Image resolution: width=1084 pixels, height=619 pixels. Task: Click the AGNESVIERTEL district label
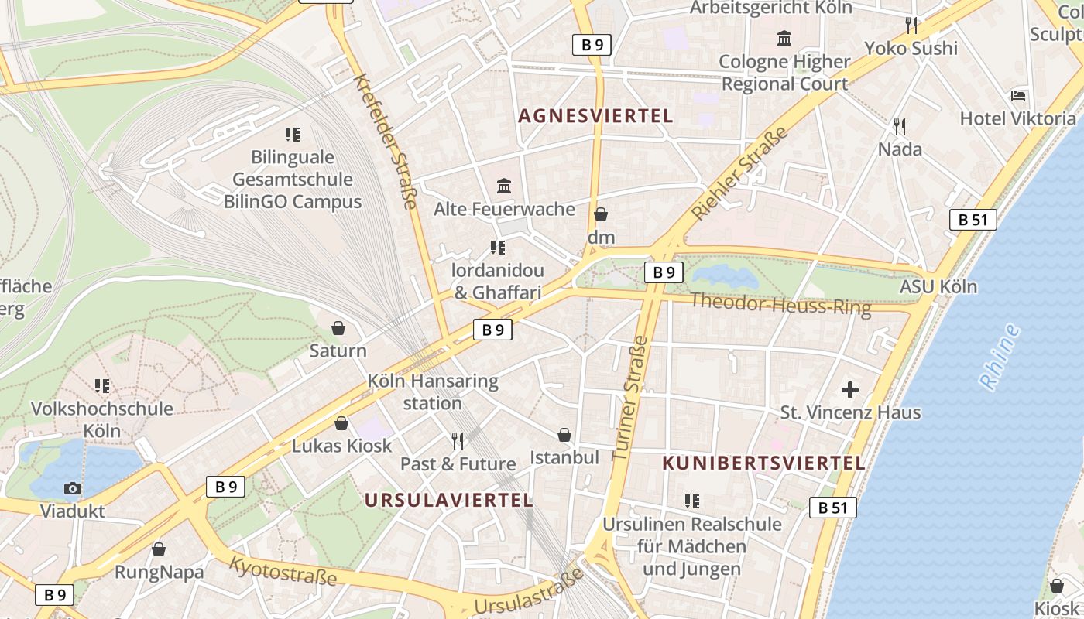pyautogui.click(x=595, y=116)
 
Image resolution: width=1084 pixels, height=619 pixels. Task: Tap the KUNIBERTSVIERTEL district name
pyautogui.click(x=763, y=463)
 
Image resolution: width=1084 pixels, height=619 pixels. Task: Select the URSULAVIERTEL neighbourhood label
pyautogui.click(x=448, y=500)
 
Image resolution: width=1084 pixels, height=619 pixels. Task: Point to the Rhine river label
pyautogui.click(x=1000, y=357)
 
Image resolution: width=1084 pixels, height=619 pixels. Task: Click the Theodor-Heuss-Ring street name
pyautogui.click(x=780, y=303)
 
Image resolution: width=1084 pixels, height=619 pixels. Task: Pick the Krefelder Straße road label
pyautogui.click(x=385, y=142)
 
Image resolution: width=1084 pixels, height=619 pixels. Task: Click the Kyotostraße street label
pyautogui.click(x=283, y=570)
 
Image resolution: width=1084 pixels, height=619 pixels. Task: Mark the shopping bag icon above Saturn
pyautogui.click(x=338, y=328)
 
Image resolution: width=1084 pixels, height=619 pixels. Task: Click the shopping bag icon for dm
pyautogui.click(x=601, y=214)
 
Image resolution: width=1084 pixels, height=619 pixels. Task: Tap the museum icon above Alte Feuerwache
pyautogui.click(x=504, y=186)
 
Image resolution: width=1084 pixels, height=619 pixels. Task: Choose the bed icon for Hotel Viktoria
pyautogui.click(x=1018, y=96)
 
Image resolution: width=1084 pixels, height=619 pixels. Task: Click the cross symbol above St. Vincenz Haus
pyautogui.click(x=850, y=389)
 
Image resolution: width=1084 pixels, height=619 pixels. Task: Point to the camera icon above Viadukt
pyautogui.click(x=72, y=488)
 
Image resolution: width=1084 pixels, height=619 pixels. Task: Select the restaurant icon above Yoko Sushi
pyautogui.click(x=911, y=26)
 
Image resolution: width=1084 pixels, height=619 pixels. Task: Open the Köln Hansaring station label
pyautogui.click(x=433, y=392)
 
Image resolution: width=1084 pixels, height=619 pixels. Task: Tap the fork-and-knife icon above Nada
pyautogui.click(x=899, y=126)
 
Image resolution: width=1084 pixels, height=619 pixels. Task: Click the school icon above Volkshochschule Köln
pyautogui.click(x=101, y=385)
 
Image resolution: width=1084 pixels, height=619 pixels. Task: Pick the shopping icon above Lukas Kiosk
pyautogui.click(x=341, y=423)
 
